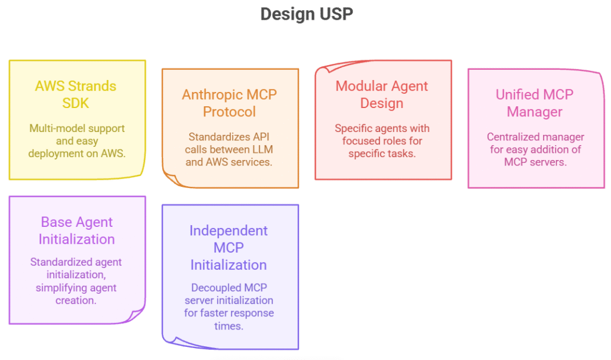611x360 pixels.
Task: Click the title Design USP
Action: click(x=307, y=14)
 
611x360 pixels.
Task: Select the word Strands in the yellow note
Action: click(x=92, y=86)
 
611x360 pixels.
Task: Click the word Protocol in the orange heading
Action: click(x=229, y=112)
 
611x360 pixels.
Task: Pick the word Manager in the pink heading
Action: click(x=535, y=112)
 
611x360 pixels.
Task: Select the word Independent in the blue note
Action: click(x=229, y=231)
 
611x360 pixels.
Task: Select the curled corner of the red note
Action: click(x=325, y=69)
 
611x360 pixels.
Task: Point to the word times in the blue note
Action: click(x=229, y=326)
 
